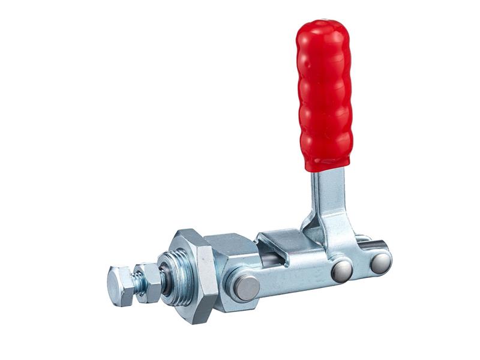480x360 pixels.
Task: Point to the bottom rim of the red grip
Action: click(x=327, y=164)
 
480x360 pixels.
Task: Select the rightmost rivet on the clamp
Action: click(x=380, y=263)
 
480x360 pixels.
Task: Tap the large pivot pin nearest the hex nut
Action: click(x=246, y=287)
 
